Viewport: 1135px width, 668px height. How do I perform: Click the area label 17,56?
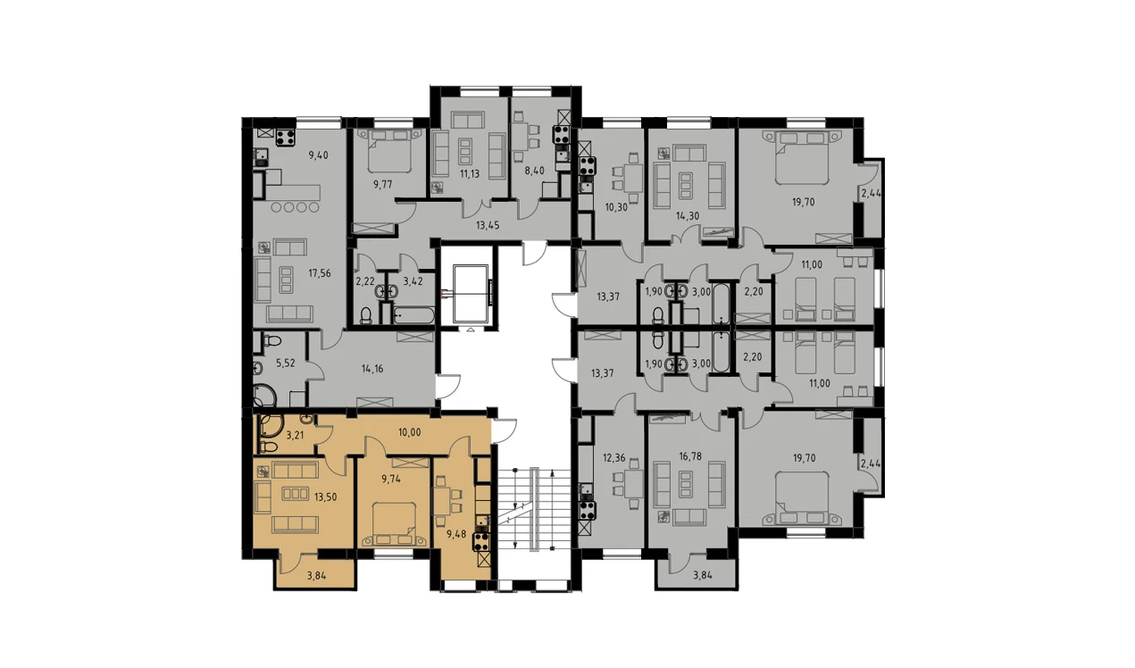(x=319, y=273)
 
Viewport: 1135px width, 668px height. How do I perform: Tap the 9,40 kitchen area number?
(x=318, y=155)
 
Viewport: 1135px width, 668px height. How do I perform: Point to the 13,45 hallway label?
(x=488, y=225)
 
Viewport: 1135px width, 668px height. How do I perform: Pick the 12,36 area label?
(x=614, y=459)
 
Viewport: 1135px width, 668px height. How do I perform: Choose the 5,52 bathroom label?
(x=285, y=363)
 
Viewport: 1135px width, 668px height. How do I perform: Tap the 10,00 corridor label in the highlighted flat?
(x=409, y=432)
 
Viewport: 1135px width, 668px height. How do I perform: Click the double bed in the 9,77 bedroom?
(x=389, y=151)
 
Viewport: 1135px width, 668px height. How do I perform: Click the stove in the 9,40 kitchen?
(x=286, y=138)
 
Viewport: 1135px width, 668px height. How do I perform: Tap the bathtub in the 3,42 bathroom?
(x=414, y=316)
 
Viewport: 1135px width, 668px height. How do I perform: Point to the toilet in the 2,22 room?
(x=365, y=316)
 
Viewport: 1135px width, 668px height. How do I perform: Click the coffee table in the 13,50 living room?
(x=295, y=493)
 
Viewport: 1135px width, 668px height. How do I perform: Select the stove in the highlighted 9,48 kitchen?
(x=480, y=542)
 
